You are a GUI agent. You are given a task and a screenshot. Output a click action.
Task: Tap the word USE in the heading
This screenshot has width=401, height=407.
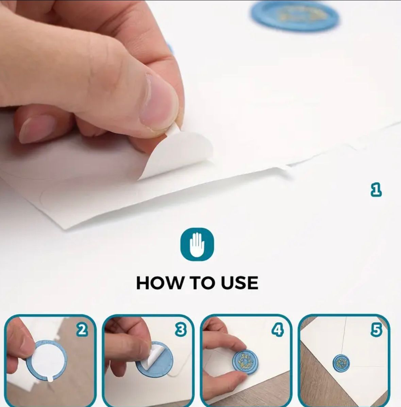(x=239, y=283)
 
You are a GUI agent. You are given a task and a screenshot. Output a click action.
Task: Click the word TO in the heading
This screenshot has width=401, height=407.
(x=202, y=283)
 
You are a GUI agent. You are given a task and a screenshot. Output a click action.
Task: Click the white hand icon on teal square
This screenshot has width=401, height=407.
(x=197, y=244)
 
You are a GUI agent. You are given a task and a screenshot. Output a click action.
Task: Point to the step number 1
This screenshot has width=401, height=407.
(x=376, y=190)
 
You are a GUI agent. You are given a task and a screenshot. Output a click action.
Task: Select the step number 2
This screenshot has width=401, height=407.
(x=82, y=330)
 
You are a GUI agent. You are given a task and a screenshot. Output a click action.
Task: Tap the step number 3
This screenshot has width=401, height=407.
(x=181, y=330)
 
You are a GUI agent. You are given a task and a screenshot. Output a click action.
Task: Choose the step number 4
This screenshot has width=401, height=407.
(x=278, y=330)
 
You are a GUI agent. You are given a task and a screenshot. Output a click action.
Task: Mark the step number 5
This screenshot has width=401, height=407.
(x=376, y=330)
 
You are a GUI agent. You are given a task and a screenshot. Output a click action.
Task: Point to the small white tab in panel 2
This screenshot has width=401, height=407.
(x=50, y=379)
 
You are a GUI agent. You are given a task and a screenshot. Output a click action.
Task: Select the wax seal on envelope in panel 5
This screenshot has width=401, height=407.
(x=341, y=363)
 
